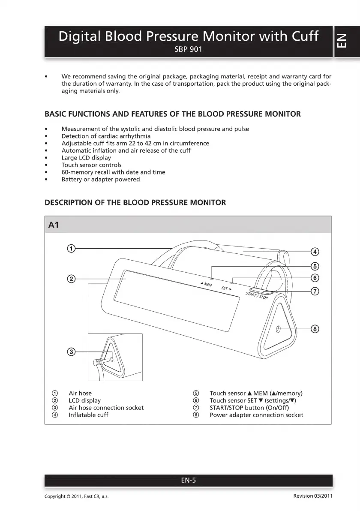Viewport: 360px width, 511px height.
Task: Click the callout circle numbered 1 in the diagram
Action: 72,248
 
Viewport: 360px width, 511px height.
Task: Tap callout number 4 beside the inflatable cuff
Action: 314,252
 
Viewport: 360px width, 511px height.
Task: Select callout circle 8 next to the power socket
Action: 314,329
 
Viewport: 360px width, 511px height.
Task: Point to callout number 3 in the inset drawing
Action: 72,352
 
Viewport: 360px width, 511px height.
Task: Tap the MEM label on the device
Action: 208,284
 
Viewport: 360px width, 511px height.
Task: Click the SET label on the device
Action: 225,288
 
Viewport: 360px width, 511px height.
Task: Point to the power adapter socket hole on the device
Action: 278,329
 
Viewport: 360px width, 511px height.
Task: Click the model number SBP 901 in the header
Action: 188,49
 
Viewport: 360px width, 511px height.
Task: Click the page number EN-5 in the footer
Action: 188,481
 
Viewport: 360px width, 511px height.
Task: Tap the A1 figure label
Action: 54,225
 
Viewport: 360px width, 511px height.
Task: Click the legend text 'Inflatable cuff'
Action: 88,415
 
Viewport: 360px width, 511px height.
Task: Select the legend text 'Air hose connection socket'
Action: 106,408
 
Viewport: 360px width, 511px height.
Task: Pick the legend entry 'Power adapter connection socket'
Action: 256,415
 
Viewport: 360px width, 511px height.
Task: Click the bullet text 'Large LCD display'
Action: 86,158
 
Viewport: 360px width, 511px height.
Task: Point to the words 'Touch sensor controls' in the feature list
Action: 91,165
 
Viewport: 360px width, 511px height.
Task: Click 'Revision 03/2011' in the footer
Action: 313,496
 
